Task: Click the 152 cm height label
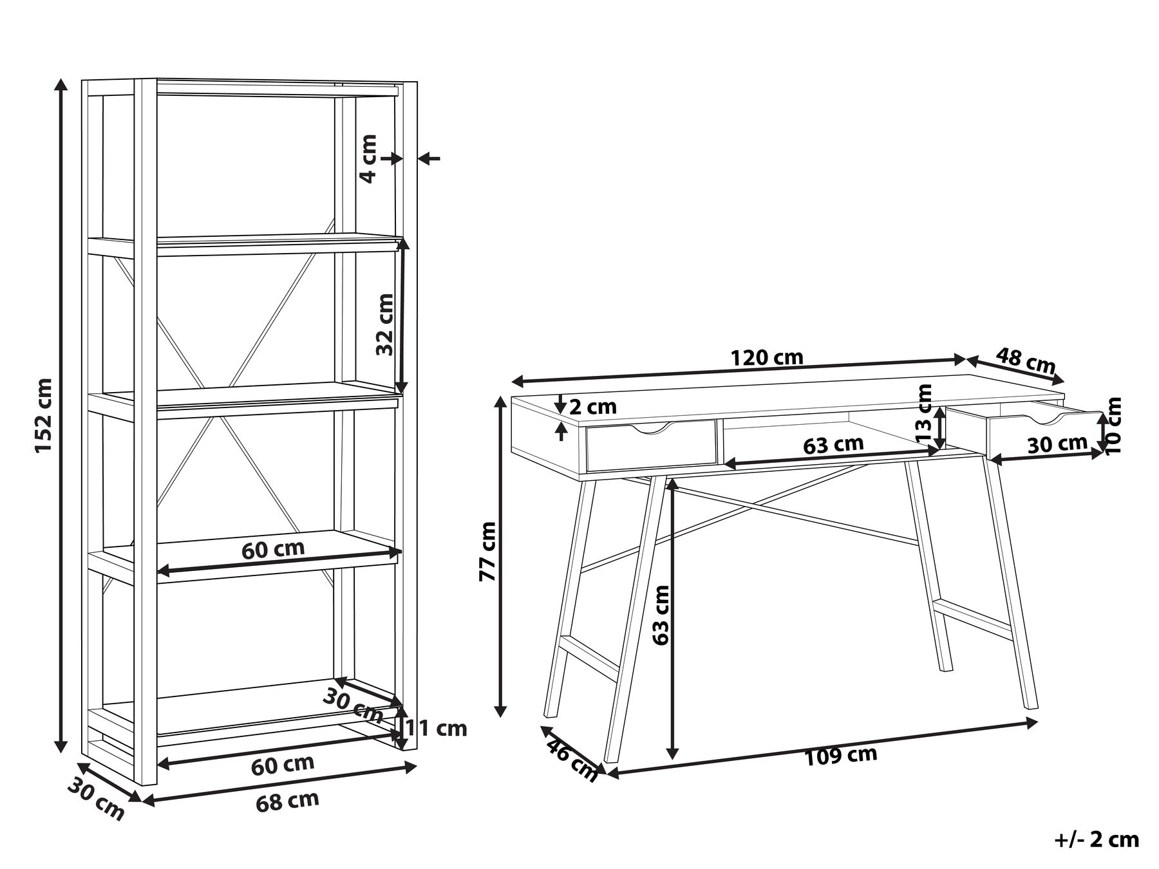point(43,415)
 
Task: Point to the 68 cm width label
point(288,801)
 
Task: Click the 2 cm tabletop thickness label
point(593,407)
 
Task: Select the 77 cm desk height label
point(488,552)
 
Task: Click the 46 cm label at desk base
point(571,760)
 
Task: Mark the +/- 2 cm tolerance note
point(1097,839)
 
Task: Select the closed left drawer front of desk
point(651,445)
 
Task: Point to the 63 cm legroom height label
point(661,615)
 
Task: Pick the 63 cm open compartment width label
point(833,445)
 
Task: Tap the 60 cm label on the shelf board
point(273,549)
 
